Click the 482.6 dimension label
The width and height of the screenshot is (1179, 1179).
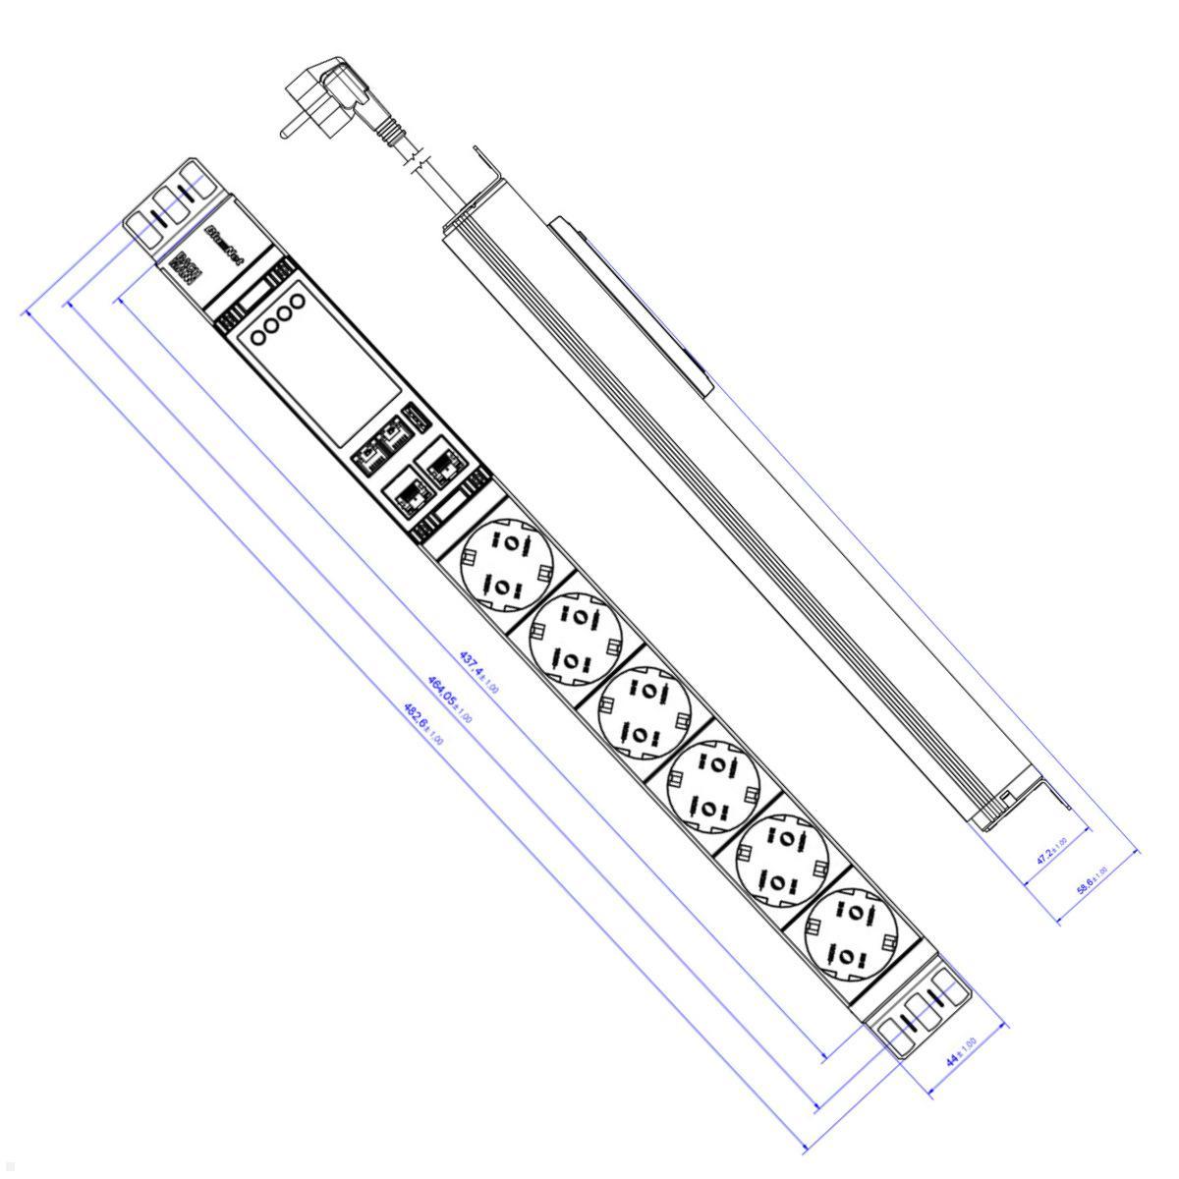click(x=422, y=723)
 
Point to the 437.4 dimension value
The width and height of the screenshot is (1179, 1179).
click(x=478, y=672)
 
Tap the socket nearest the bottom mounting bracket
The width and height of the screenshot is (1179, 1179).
click(x=851, y=934)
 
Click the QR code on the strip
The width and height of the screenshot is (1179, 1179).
click(x=186, y=269)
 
